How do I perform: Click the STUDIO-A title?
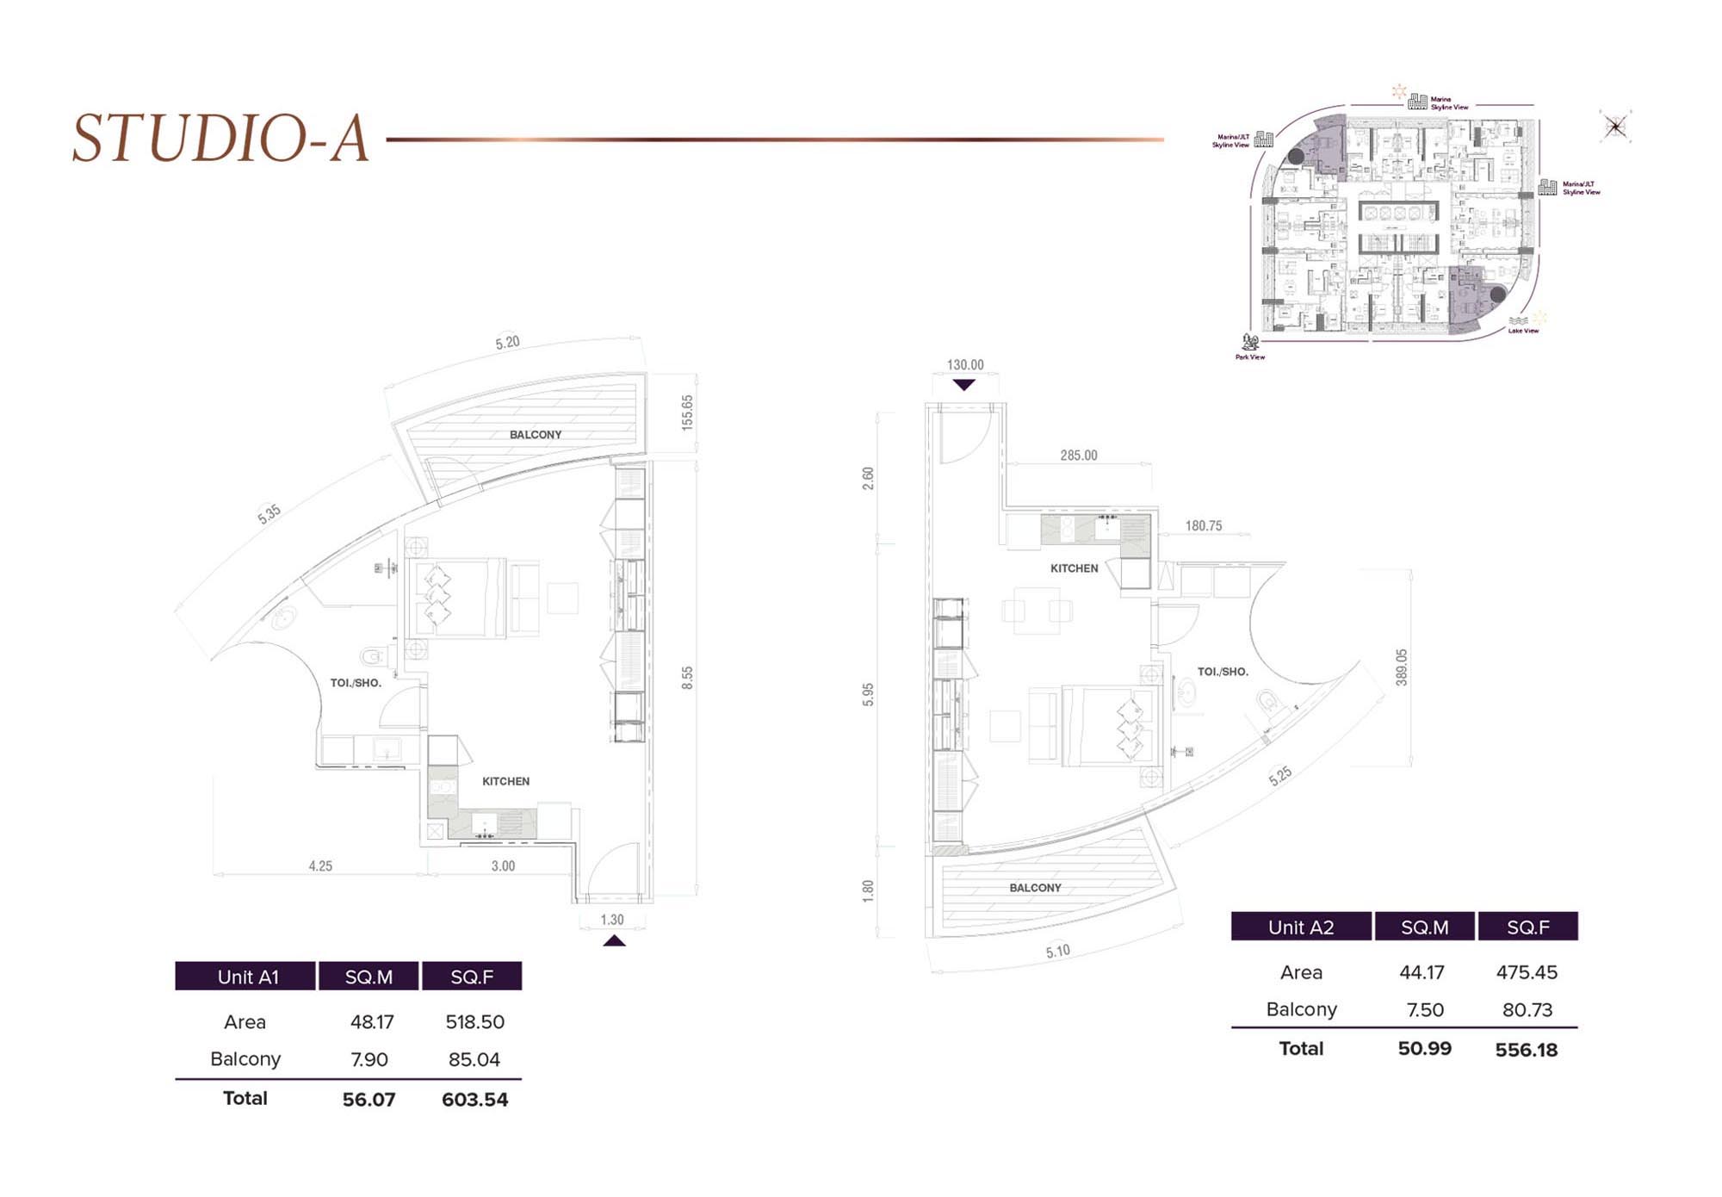(220, 138)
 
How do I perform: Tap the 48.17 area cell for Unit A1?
(372, 1022)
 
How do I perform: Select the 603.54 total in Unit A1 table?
(474, 1100)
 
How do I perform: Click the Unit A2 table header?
(1300, 927)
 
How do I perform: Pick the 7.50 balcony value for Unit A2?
(1424, 1010)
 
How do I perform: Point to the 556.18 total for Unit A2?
(1527, 1050)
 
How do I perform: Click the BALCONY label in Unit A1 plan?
(535, 435)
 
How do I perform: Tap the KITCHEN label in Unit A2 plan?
(1074, 568)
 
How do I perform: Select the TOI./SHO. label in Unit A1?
(356, 683)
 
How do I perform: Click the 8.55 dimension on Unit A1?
(687, 678)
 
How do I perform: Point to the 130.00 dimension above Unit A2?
(964, 365)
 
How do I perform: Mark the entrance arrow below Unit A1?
(614, 941)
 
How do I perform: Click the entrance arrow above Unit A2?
(964, 385)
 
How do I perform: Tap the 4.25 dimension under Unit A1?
(320, 866)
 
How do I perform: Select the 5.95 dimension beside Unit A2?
(868, 694)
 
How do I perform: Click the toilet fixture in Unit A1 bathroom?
(373, 658)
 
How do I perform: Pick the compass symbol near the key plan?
(1615, 127)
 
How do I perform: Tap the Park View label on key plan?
(1250, 357)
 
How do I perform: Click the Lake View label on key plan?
(1522, 331)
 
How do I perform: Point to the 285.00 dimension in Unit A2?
(1078, 456)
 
